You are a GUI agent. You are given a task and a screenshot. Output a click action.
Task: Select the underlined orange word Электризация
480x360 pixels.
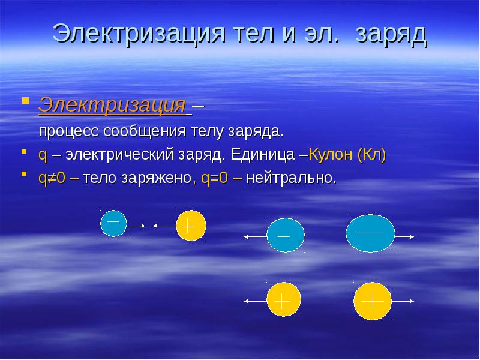coord(112,106)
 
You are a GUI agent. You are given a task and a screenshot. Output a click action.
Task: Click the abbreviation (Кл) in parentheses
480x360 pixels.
coord(371,155)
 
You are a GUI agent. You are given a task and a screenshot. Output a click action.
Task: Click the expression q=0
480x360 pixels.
coord(214,178)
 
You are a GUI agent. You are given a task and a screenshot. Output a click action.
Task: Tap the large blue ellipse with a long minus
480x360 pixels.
coord(370,233)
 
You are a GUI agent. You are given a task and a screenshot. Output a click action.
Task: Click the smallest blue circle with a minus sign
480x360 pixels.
coord(113,223)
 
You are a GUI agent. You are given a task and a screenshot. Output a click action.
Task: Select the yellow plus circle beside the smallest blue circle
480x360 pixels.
coord(191,226)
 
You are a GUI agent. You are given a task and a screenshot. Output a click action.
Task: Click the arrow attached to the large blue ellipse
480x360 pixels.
coord(404,236)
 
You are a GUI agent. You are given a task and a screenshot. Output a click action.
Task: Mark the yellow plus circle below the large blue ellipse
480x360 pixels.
coord(373,300)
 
